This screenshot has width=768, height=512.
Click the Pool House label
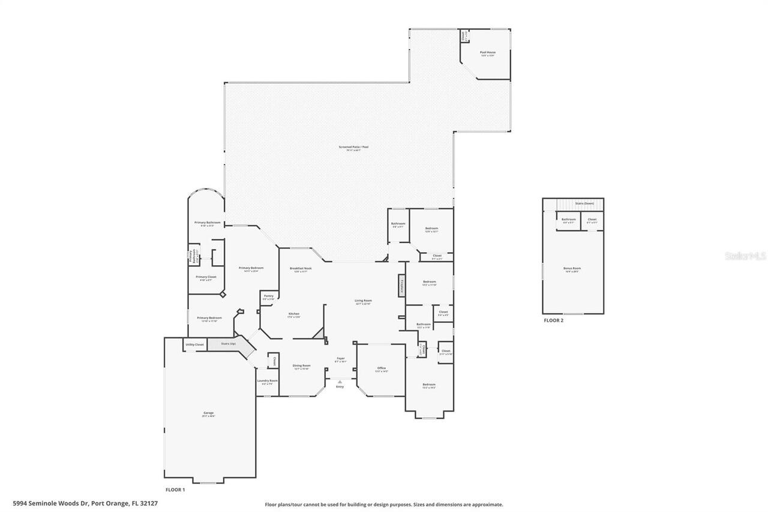click(487, 53)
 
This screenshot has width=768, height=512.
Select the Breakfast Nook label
click(301, 269)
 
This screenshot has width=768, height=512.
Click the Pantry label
click(268, 296)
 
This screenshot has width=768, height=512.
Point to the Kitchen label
click(294, 314)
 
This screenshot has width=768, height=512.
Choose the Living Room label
click(363, 301)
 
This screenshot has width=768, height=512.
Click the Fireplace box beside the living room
click(401, 286)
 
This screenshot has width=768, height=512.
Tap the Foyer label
click(340, 359)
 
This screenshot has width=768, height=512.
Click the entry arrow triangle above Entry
click(340, 382)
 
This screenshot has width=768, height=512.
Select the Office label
click(381, 369)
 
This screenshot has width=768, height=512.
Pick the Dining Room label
click(301, 366)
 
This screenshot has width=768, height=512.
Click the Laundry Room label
click(267, 381)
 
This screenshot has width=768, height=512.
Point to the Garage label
click(208, 413)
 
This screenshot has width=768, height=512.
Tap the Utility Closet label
click(194, 345)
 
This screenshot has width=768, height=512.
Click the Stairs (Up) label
click(229, 344)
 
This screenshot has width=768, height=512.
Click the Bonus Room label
click(572, 269)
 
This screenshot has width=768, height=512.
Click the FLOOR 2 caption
click(553, 321)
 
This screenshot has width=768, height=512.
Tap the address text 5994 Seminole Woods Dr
click(50, 504)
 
